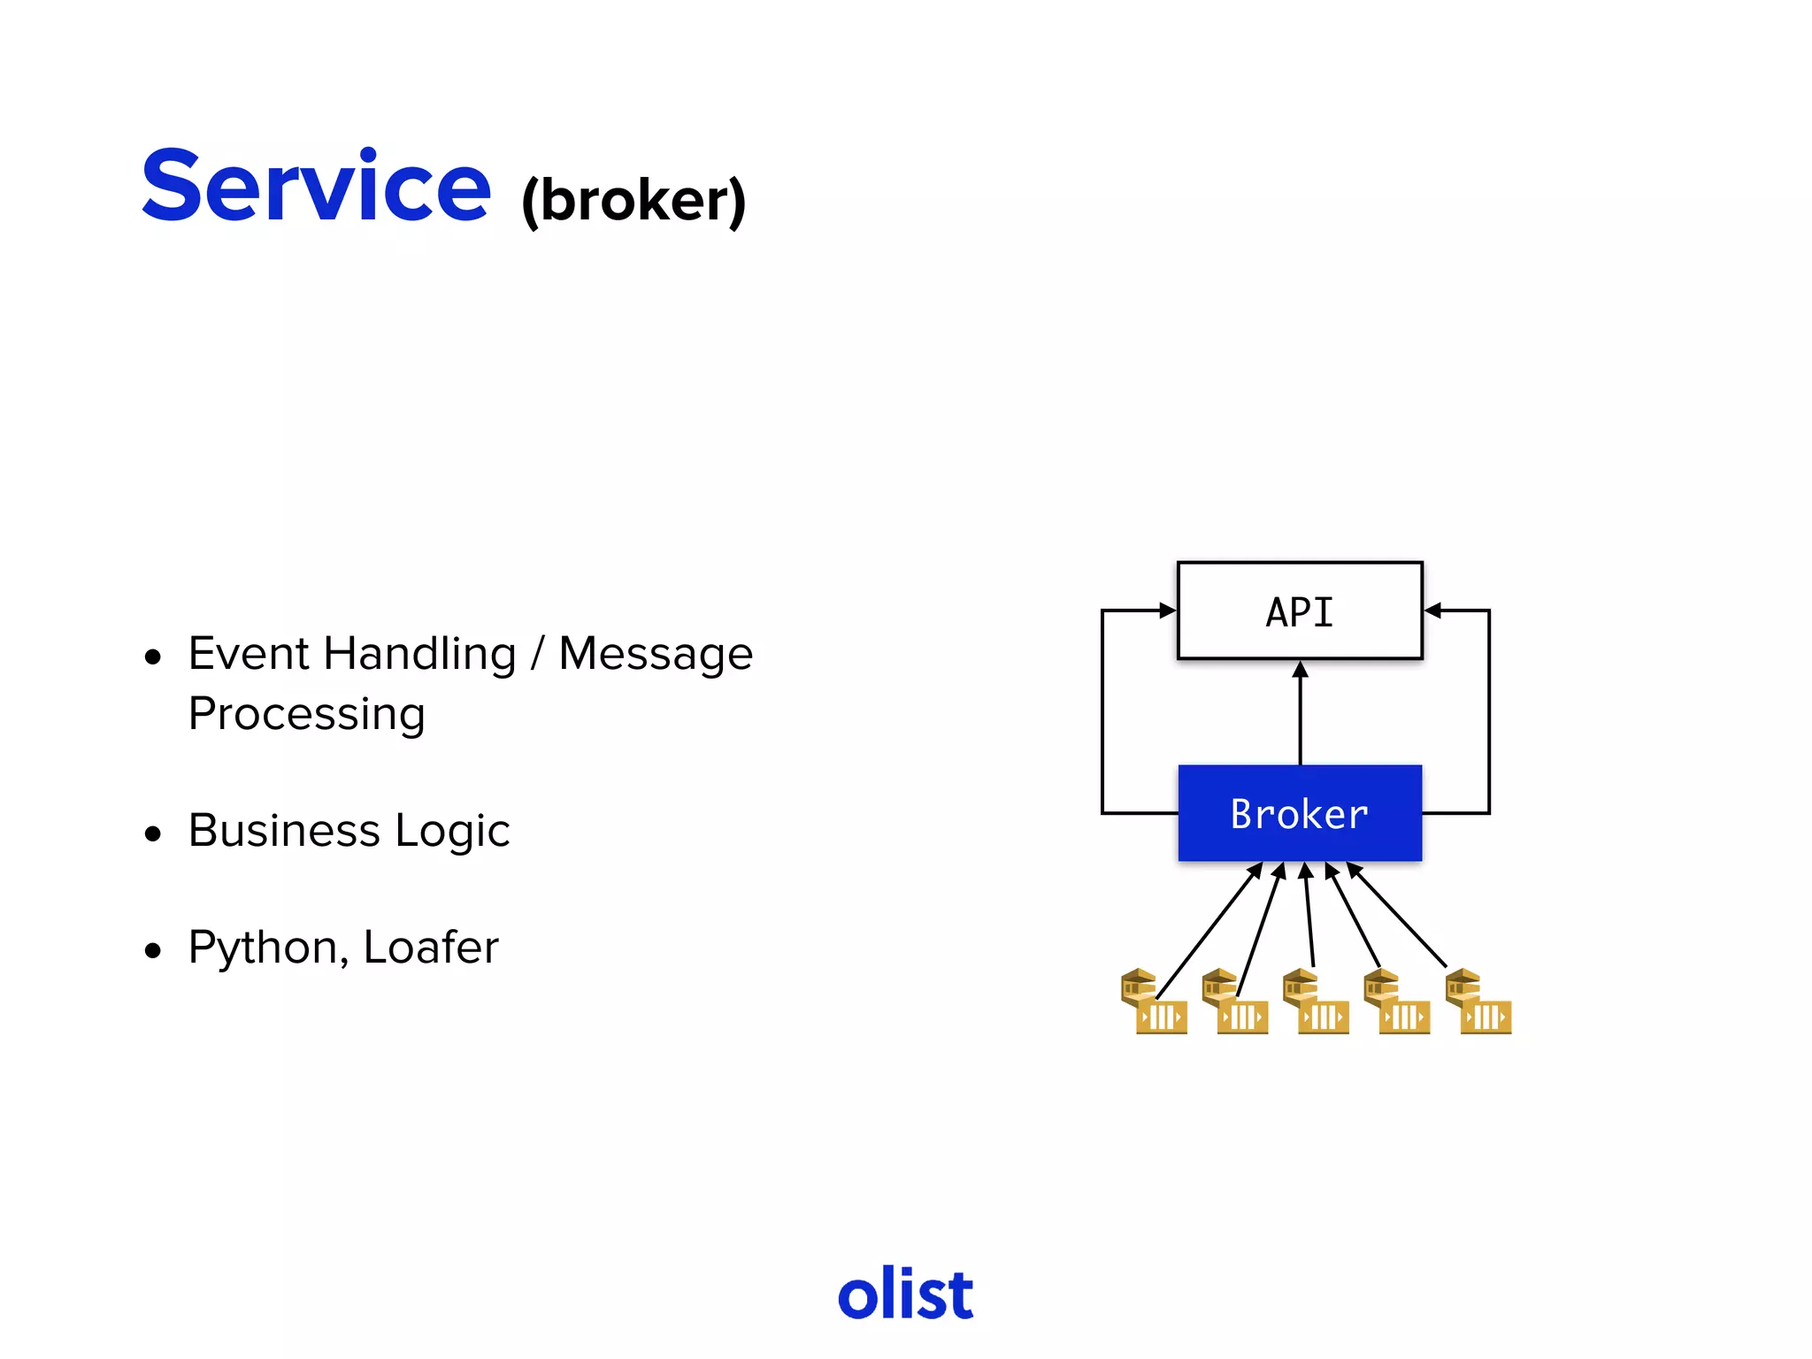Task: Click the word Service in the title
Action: [x=316, y=187]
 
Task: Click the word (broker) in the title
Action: [x=633, y=201]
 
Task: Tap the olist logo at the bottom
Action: [x=905, y=1294]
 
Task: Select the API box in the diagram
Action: [x=1299, y=611]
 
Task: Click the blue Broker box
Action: [x=1299, y=813]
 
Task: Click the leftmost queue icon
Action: [x=1153, y=1002]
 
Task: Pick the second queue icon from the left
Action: [x=1234, y=1002]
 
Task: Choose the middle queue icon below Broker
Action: [x=1316, y=1002]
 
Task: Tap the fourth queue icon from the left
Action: [x=1396, y=1002]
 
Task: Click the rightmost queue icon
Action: [x=1478, y=1002]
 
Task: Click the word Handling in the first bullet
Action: [x=419, y=655]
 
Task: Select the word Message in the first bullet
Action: [x=656, y=655]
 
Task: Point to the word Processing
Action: [x=307, y=714]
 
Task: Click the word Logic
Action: [x=452, y=831]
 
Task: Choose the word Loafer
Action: [x=431, y=948]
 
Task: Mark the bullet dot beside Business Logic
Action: [x=154, y=833]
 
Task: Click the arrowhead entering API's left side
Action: [x=1168, y=610]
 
